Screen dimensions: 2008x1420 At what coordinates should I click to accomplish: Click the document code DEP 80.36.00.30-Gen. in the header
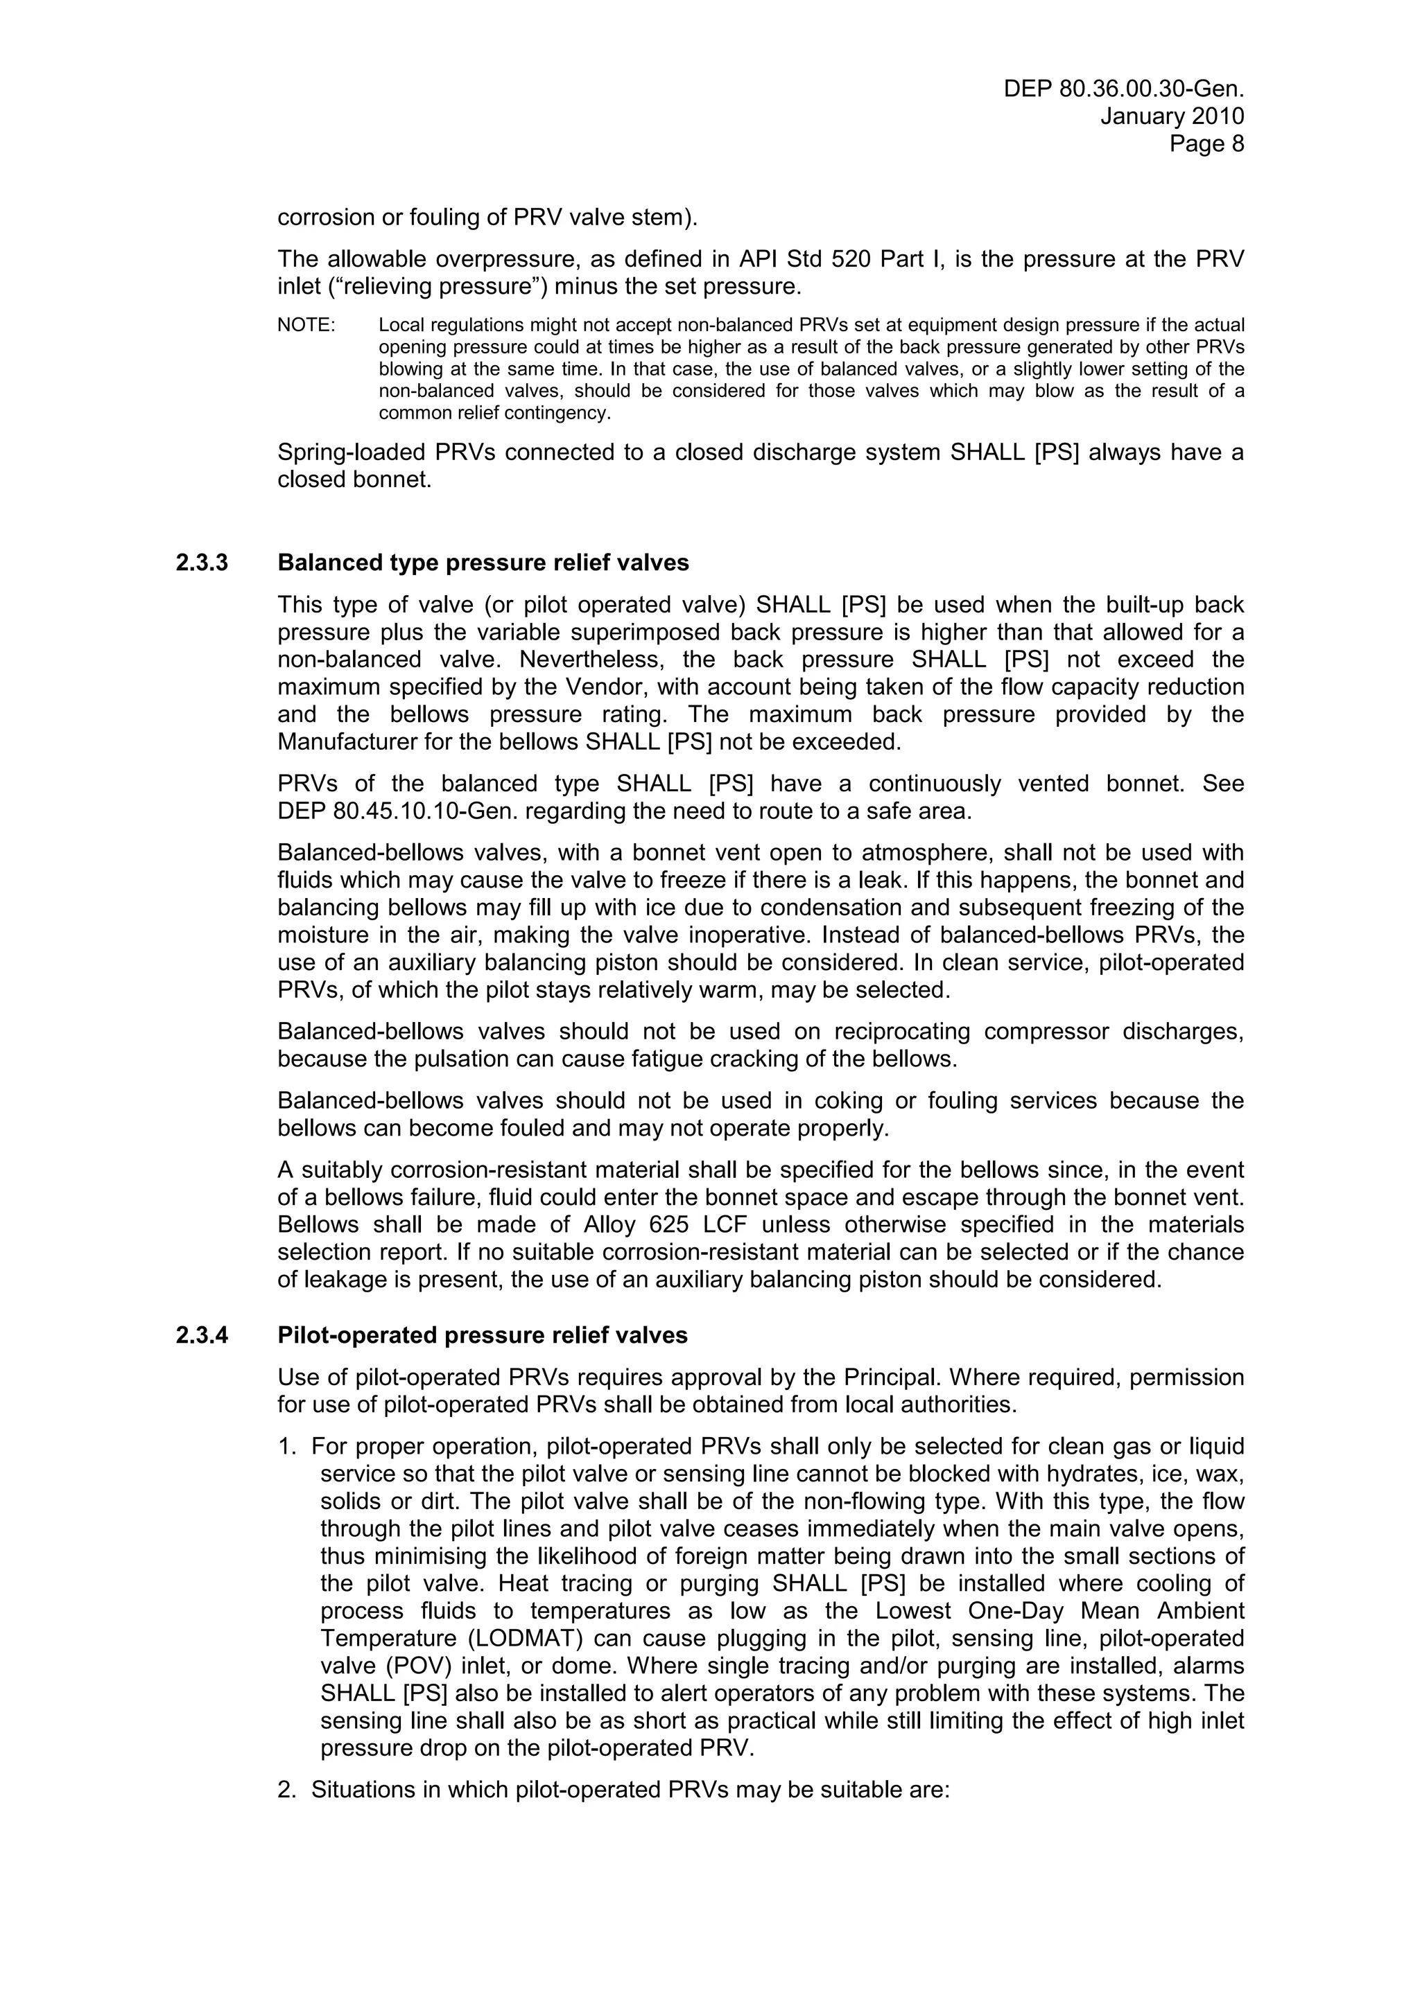click(x=1123, y=88)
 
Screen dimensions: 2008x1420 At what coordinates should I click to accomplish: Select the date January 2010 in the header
click(x=1172, y=116)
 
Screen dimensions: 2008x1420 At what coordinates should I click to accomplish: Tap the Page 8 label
click(x=1206, y=143)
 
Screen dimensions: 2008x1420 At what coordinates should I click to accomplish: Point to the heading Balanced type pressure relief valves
click(x=483, y=563)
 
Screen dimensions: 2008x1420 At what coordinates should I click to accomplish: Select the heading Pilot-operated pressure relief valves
click(x=482, y=1335)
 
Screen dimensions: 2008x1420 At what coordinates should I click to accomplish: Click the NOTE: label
click(x=306, y=326)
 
